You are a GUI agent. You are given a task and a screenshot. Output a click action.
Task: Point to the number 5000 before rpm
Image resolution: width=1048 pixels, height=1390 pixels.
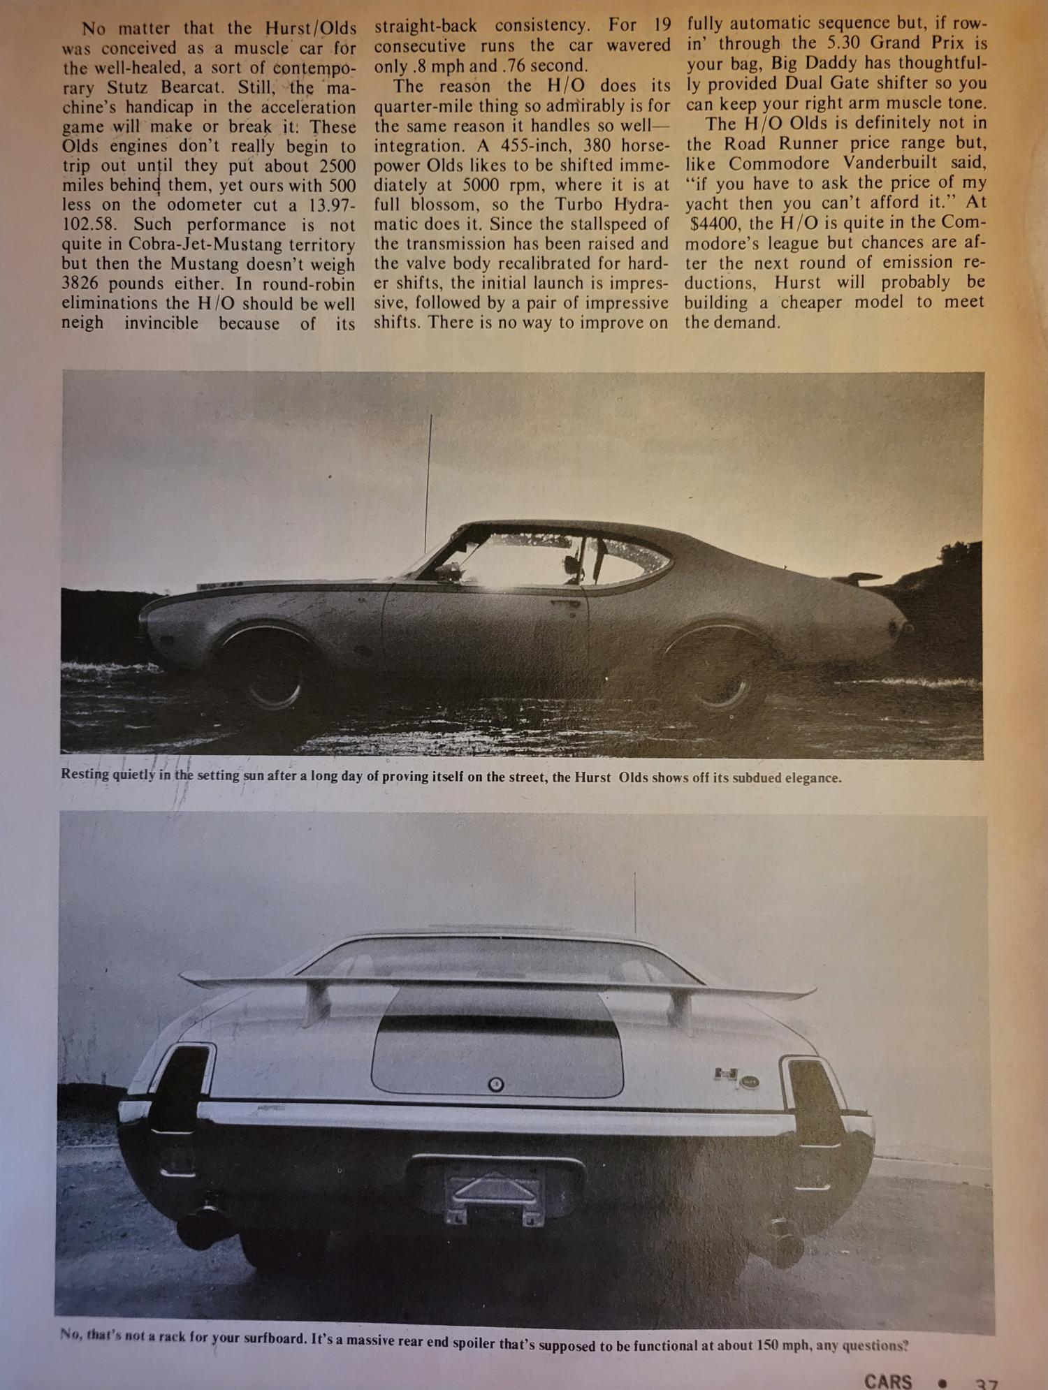point(480,186)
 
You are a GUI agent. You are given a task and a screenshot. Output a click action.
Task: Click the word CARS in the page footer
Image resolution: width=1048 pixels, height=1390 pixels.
point(887,1381)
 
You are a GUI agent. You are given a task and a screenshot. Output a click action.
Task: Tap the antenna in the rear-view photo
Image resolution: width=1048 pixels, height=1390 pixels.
point(634,905)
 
